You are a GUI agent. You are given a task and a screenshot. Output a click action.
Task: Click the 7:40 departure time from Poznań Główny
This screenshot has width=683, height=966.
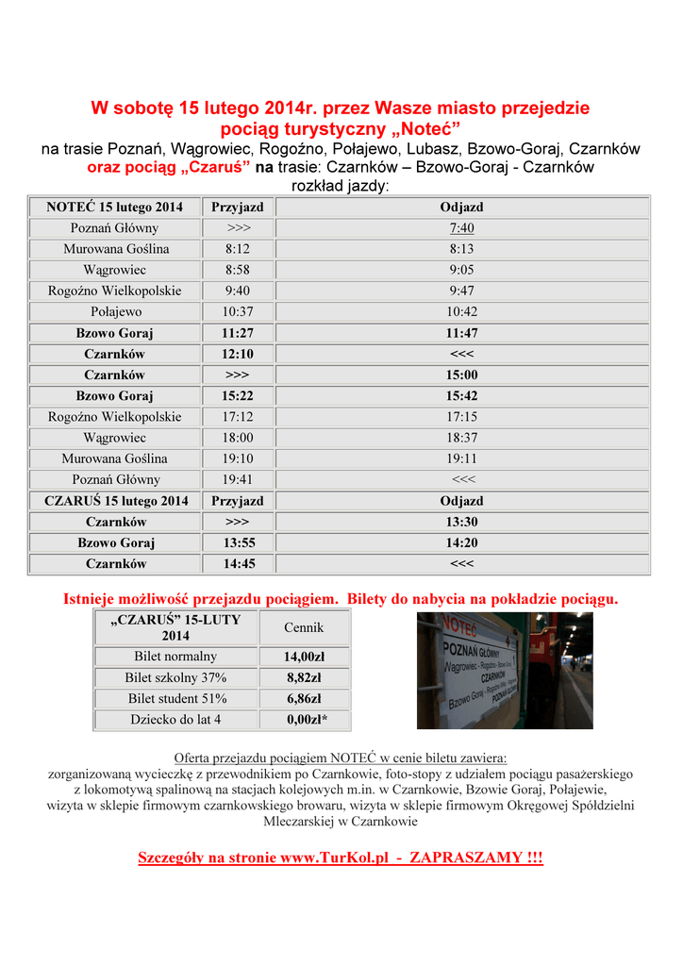(x=461, y=228)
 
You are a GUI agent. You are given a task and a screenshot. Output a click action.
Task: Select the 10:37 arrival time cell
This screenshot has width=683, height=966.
(x=237, y=312)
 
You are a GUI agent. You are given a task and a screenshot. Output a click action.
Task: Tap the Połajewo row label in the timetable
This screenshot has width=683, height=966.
(x=115, y=312)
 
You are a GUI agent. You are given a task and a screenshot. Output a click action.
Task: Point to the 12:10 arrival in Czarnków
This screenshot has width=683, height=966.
(x=237, y=354)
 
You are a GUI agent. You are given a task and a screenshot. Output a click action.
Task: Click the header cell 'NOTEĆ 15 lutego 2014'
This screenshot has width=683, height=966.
(x=115, y=207)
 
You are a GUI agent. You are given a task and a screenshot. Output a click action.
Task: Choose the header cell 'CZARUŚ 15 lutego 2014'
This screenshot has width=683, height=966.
(x=116, y=501)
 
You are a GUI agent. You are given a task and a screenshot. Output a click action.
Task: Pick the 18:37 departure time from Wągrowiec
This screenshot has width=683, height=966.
(x=461, y=438)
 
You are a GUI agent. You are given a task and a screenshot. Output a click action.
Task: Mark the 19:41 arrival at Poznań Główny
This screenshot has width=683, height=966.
(x=237, y=479)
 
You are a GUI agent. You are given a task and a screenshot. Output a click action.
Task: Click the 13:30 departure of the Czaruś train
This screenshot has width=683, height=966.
(x=461, y=522)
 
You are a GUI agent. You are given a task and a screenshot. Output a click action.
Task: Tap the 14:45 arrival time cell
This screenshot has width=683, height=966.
(x=237, y=563)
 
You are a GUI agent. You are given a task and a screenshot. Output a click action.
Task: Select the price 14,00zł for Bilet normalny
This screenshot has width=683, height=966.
(x=304, y=657)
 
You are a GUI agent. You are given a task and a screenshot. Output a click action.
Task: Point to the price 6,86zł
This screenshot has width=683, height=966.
(x=304, y=699)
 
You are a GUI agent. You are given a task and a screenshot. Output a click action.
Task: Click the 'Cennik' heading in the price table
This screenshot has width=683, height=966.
(x=304, y=627)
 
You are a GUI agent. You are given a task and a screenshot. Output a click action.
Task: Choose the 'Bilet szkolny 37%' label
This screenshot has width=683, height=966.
(x=175, y=677)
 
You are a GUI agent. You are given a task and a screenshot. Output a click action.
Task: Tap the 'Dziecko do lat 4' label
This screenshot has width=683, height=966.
(x=175, y=720)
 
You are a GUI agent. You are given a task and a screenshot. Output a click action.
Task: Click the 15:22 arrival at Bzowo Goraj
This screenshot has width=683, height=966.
(x=237, y=396)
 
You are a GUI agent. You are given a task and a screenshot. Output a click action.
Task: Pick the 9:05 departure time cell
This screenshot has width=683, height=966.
(x=461, y=270)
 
